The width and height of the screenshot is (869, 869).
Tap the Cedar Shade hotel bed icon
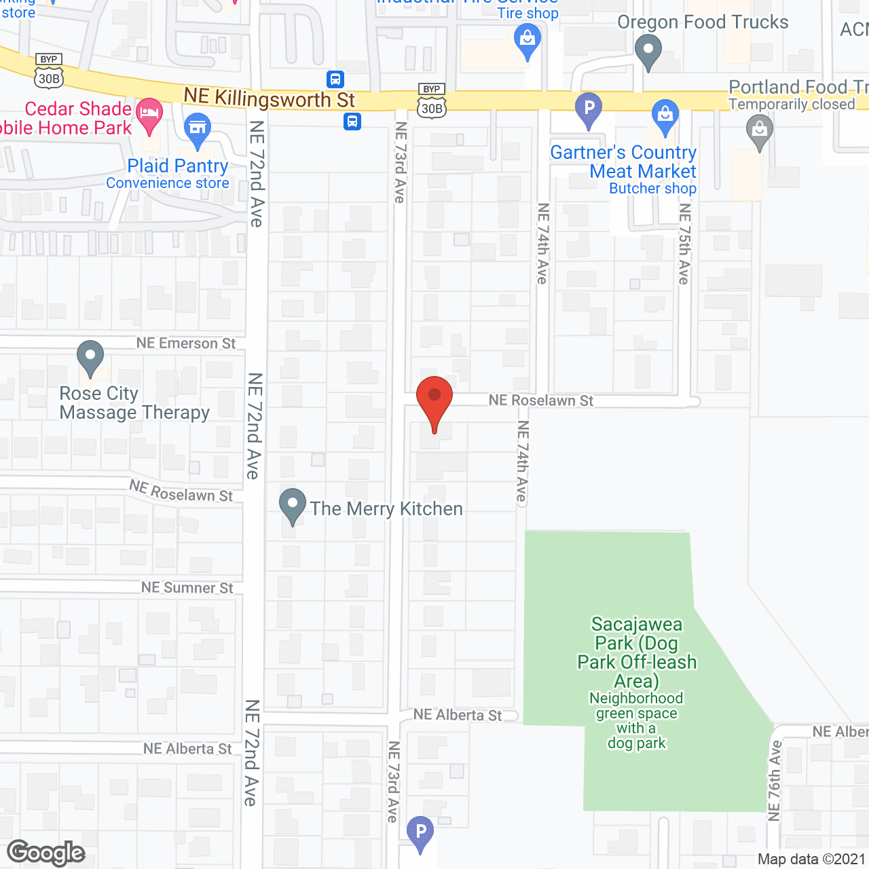[149, 114]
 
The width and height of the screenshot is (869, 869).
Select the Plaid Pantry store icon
[198, 129]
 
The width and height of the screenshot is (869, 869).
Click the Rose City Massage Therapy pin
[90, 356]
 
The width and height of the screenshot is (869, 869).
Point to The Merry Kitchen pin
[293, 505]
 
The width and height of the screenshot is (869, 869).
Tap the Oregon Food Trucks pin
[648, 51]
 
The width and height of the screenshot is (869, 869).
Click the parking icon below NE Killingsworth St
[589, 109]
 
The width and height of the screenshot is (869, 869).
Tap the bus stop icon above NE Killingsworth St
[335, 79]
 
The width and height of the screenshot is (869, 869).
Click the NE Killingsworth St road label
[270, 98]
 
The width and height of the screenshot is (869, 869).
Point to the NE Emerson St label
[186, 344]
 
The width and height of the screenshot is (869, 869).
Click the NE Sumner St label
[187, 588]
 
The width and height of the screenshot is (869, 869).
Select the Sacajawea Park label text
[637, 652]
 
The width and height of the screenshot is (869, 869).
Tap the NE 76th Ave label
[775, 781]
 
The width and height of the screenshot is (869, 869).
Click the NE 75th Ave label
[684, 243]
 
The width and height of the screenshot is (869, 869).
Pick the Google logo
[46, 853]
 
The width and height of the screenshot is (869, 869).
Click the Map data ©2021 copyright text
[812, 859]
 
